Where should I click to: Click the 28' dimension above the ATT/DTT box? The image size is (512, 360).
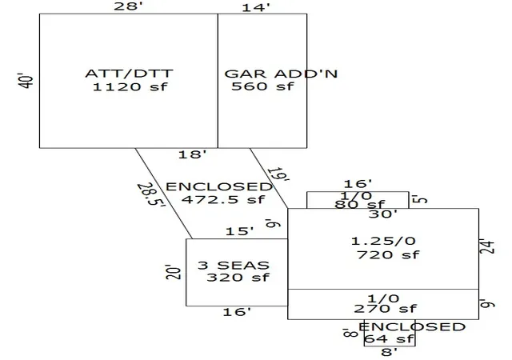coord(128,6)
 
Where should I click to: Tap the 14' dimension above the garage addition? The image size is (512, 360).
coord(256,7)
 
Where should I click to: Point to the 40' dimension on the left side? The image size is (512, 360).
coord(26,80)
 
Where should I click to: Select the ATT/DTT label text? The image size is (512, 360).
coord(129,73)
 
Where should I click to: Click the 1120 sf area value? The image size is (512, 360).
coord(130,87)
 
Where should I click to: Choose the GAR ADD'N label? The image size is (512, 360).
coord(281,74)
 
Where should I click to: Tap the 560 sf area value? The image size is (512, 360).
coord(263,86)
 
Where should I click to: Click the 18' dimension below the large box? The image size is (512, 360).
coord(192,154)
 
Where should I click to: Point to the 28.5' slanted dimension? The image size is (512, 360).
coord(151,194)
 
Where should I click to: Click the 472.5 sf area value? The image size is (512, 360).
coord(223,199)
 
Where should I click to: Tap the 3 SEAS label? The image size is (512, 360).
coord(234,266)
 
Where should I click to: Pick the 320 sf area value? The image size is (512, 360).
coord(238,278)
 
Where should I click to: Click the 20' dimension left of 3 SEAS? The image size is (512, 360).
coord(174,272)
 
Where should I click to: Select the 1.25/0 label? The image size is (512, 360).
coord(383,241)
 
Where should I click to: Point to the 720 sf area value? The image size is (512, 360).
coord(388,255)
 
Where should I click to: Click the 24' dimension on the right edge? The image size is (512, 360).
coord(487,246)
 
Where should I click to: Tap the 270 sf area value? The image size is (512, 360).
coord(386,309)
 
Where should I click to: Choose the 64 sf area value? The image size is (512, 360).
coord(389,338)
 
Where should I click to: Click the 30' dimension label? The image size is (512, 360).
coord(383,214)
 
